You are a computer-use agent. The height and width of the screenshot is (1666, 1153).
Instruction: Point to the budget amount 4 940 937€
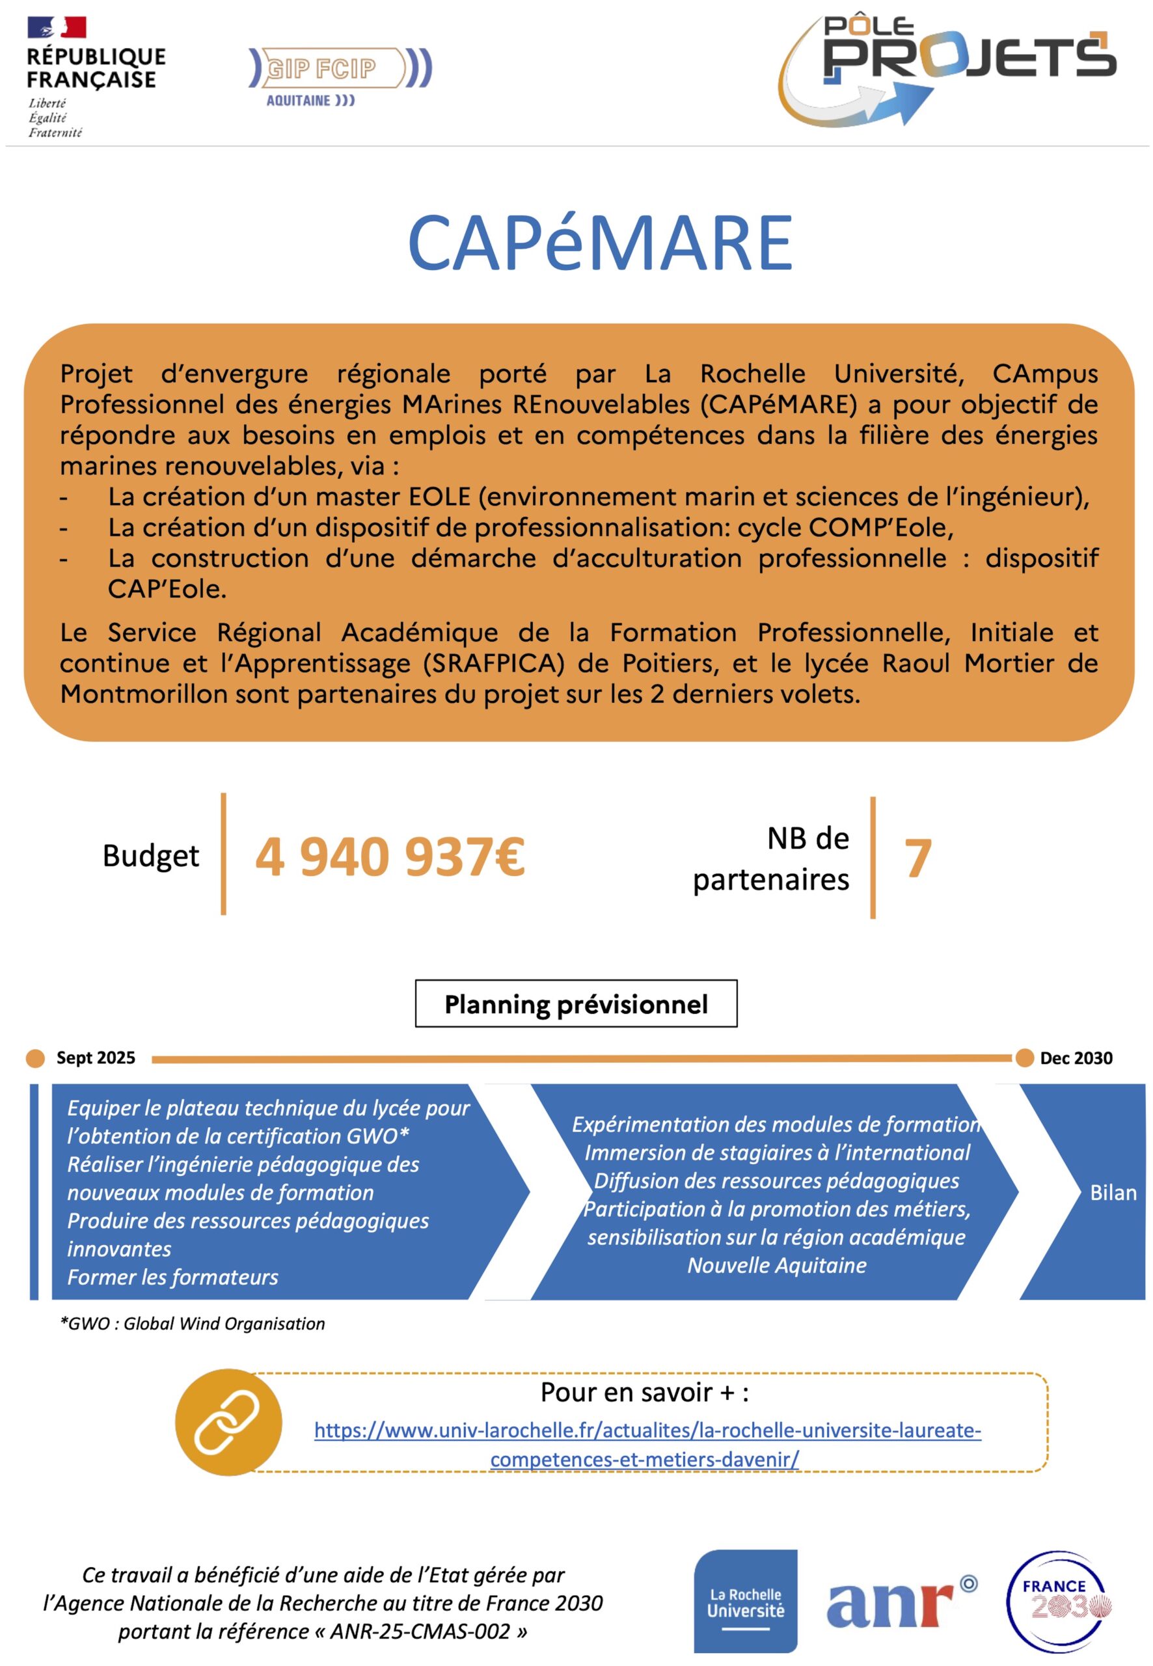[390, 857]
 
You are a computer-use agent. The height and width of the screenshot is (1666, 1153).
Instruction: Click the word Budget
[150, 856]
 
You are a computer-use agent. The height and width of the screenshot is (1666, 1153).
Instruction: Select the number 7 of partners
[917, 859]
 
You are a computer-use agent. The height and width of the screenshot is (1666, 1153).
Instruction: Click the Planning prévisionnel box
[576, 1004]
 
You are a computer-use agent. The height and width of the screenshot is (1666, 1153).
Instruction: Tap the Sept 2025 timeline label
[96, 1058]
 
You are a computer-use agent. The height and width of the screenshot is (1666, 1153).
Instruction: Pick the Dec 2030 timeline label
[1076, 1058]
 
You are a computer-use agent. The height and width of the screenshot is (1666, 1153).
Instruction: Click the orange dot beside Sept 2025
[35, 1058]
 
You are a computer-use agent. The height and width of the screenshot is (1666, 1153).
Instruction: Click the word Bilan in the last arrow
[1113, 1193]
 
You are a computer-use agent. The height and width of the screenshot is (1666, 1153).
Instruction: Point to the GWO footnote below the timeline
[192, 1324]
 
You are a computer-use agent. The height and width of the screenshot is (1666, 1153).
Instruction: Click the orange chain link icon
[228, 1422]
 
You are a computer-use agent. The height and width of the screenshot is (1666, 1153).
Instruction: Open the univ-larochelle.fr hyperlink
[647, 1430]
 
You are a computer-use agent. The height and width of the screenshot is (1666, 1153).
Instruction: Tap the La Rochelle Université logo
[745, 1601]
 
